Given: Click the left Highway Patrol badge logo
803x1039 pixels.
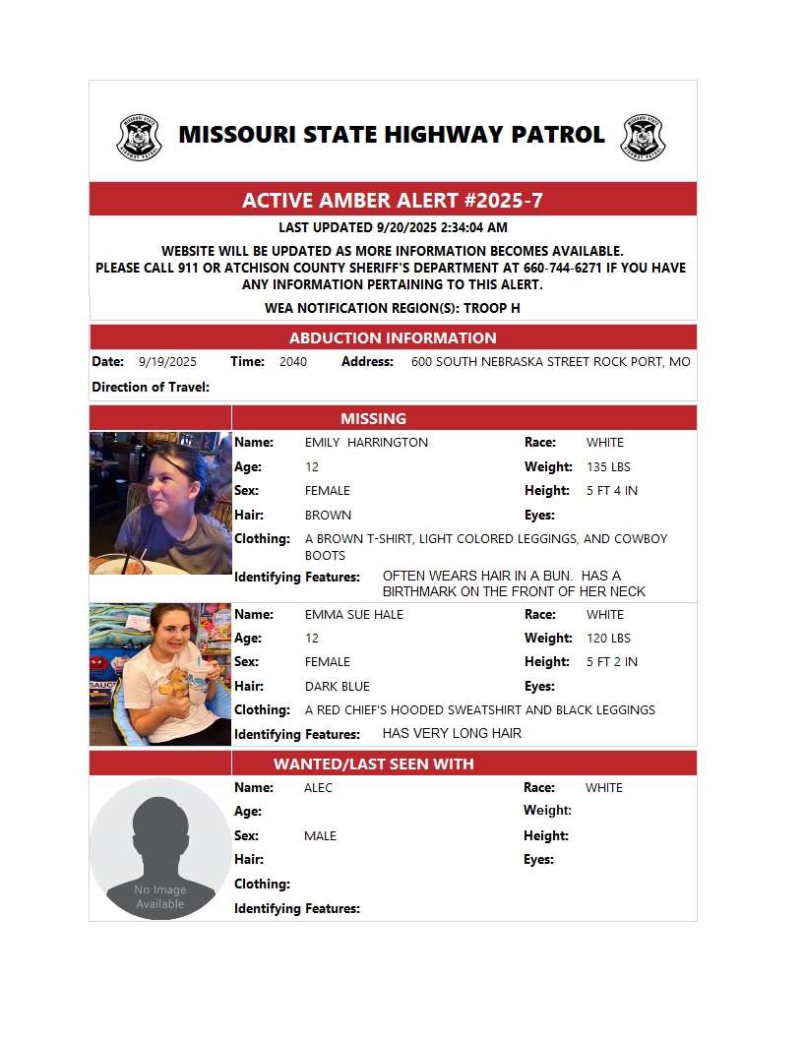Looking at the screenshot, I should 140,137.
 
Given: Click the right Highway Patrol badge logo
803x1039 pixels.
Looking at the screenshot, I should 643,137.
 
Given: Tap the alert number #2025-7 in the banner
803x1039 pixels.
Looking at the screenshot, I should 502,201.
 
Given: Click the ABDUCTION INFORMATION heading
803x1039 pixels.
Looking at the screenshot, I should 393,337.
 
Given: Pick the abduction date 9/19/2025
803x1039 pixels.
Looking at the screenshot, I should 167,362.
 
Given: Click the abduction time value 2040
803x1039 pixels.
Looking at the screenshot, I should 292,362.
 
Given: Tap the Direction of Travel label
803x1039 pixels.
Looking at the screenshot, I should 151,387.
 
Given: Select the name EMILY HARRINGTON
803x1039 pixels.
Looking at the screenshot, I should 366,443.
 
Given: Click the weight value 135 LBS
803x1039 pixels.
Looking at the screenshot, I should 608,466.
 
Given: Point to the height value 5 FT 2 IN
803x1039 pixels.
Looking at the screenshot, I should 611,661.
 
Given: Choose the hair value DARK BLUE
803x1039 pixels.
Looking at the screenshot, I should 338,686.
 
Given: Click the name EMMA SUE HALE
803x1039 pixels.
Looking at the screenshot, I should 354,614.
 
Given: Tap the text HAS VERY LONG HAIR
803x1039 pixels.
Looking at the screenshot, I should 452,733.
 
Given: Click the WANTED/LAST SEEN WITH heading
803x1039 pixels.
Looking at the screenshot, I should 373,764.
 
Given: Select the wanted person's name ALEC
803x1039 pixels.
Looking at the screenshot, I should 319,787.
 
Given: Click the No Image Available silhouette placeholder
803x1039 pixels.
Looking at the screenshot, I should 160,849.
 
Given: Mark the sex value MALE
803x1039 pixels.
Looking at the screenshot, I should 321,835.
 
